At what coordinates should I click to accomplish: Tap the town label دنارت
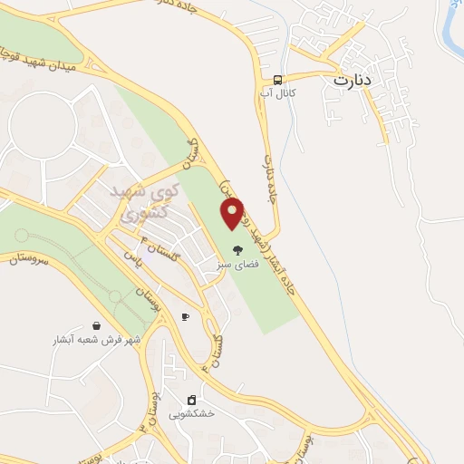click(353, 80)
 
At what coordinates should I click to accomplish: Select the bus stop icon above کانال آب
click(277, 79)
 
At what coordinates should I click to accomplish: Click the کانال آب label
click(277, 92)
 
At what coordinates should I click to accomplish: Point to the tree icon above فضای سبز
click(237, 249)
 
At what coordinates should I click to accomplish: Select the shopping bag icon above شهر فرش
click(96, 325)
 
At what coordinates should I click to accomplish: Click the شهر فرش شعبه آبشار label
click(96, 340)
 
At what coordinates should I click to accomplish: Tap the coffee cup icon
click(185, 316)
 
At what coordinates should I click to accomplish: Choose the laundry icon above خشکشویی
click(191, 399)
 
